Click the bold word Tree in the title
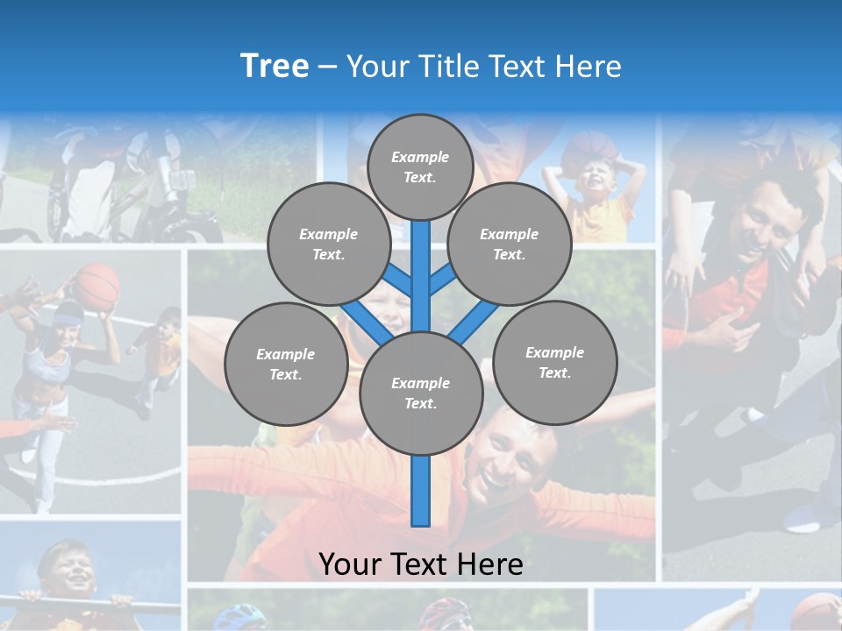(x=275, y=67)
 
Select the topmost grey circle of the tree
(x=420, y=167)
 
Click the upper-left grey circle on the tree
(x=329, y=244)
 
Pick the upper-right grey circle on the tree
(x=510, y=244)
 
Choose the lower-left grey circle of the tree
(x=286, y=364)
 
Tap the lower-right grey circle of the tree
(x=554, y=362)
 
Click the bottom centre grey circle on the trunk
(x=420, y=393)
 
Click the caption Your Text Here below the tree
(x=420, y=564)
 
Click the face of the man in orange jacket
(x=509, y=456)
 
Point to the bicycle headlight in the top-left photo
(x=182, y=180)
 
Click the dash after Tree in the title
(x=327, y=67)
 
